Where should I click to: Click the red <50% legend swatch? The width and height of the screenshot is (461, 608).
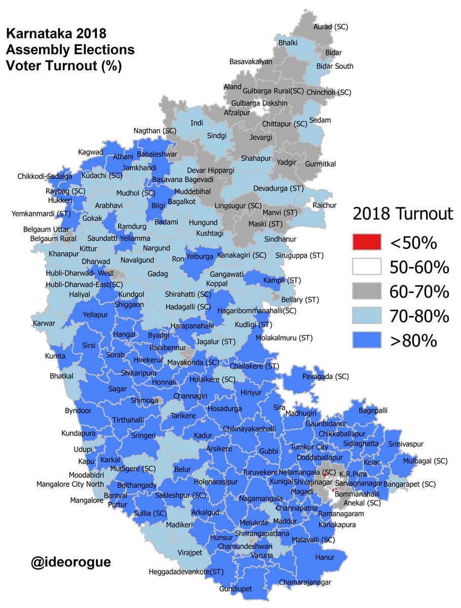(x=366, y=243)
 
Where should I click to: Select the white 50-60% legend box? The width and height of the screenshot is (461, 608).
(x=366, y=267)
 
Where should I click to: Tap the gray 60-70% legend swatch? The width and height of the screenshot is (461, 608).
(x=366, y=292)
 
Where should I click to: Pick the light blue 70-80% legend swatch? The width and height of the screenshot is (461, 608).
(x=366, y=316)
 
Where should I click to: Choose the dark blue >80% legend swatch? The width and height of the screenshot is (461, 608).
(x=366, y=340)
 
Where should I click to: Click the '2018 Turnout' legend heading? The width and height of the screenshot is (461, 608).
(x=403, y=214)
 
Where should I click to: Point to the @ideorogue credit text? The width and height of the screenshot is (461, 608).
(x=70, y=562)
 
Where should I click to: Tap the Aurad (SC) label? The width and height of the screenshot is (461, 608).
(x=331, y=26)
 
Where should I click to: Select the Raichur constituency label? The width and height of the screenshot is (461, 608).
(x=325, y=205)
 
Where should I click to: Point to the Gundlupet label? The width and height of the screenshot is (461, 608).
(x=236, y=589)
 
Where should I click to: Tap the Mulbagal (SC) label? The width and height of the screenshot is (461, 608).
(x=426, y=461)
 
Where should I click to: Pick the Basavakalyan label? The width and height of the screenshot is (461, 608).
(x=251, y=62)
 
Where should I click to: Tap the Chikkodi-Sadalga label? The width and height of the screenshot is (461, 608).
(x=44, y=176)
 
